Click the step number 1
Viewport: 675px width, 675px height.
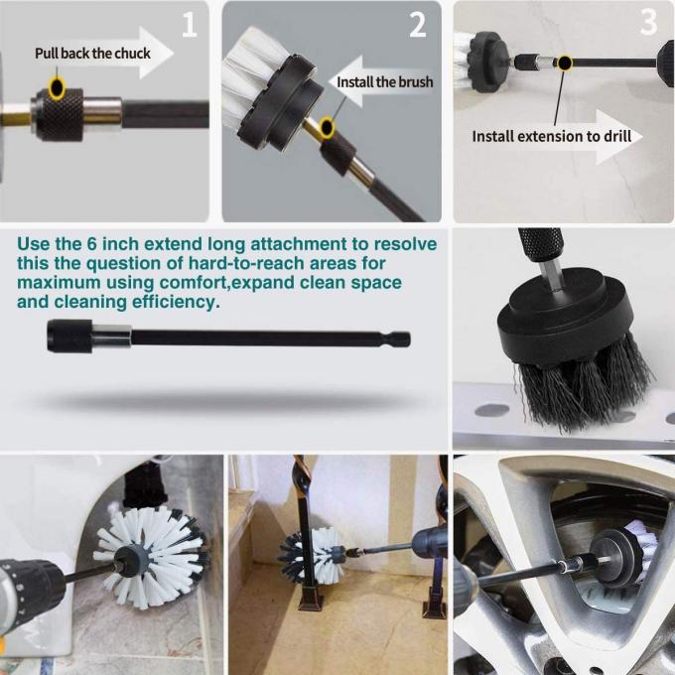pos(188,25)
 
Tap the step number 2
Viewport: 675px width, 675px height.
pos(418,25)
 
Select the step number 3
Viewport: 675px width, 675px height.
pos(648,22)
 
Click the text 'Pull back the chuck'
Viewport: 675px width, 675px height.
pos(92,53)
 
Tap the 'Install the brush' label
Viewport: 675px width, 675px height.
pos(385,81)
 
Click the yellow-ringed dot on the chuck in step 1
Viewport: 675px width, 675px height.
pos(58,89)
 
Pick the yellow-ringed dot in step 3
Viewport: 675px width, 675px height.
pos(564,64)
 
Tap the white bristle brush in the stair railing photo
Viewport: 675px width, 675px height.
pos(312,556)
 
